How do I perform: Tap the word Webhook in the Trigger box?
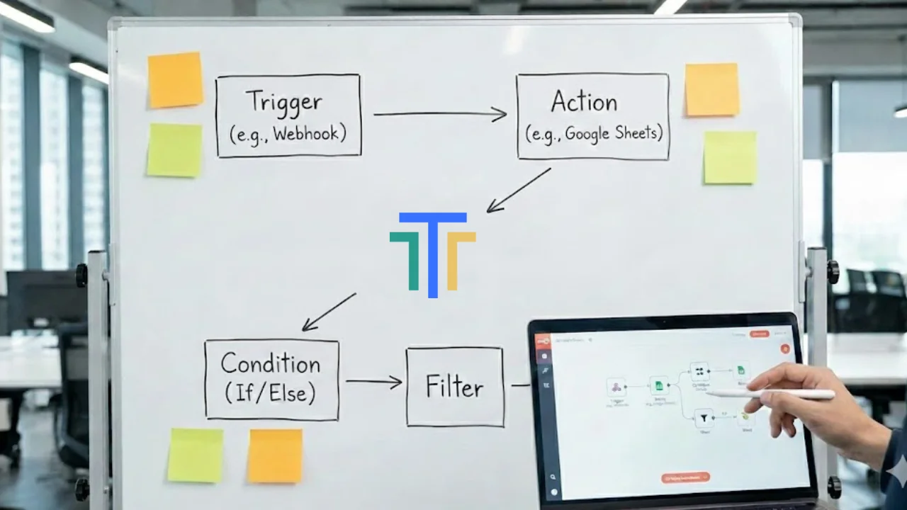pyautogui.click(x=306, y=132)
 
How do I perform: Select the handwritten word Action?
pyautogui.click(x=585, y=101)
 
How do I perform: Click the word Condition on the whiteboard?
pyautogui.click(x=271, y=363)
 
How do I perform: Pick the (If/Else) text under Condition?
pyautogui.click(x=271, y=392)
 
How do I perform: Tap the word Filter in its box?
pyautogui.click(x=454, y=387)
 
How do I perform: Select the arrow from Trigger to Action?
pyautogui.click(x=439, y=113)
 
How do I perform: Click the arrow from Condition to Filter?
pyautogui.click(x=373, y=382)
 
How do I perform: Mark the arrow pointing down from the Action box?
pyautogui.click(x=518, y=190)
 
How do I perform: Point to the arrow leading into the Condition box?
pyautogui.click(x=329, y=312)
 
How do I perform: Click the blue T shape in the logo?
pyautogui.click(x=433, y=248)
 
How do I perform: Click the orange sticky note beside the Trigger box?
pyautogui.click(x=175, y=80)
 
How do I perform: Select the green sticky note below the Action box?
pyautogui.click(x=729, y=157)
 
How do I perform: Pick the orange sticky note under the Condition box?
pyautogui.click(x=275, y=455)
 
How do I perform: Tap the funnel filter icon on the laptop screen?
pyautogui.click(x=703, y=418)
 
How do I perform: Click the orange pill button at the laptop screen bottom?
pyautogui.click(x=685, y=478)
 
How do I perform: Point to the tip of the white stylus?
pyautogui.click(x=709, y=392)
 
